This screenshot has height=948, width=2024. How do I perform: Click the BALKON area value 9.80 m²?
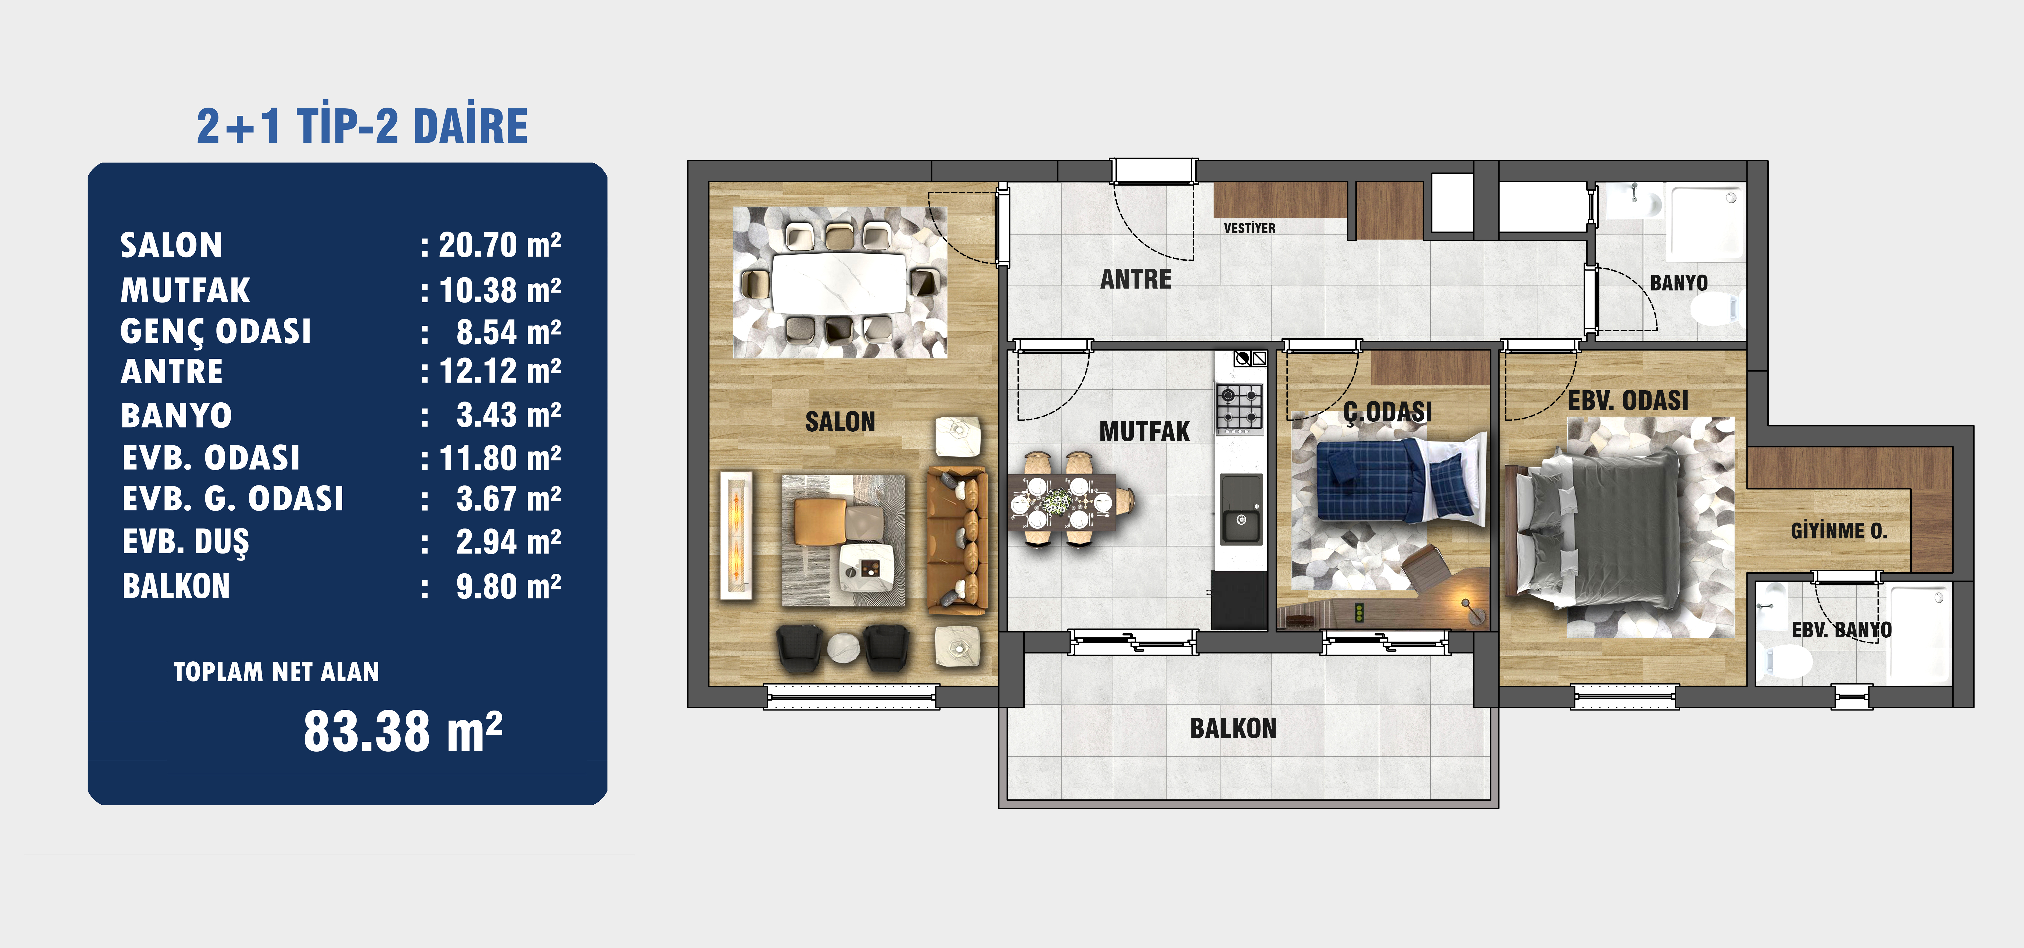pos(508,586)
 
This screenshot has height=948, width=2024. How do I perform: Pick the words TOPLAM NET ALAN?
pos(277,672)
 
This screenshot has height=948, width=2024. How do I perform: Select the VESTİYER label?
pos(1249,228)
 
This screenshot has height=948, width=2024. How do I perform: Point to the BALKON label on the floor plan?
pos(1233,729)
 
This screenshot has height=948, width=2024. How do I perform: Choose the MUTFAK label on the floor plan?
pos(1144,432)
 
